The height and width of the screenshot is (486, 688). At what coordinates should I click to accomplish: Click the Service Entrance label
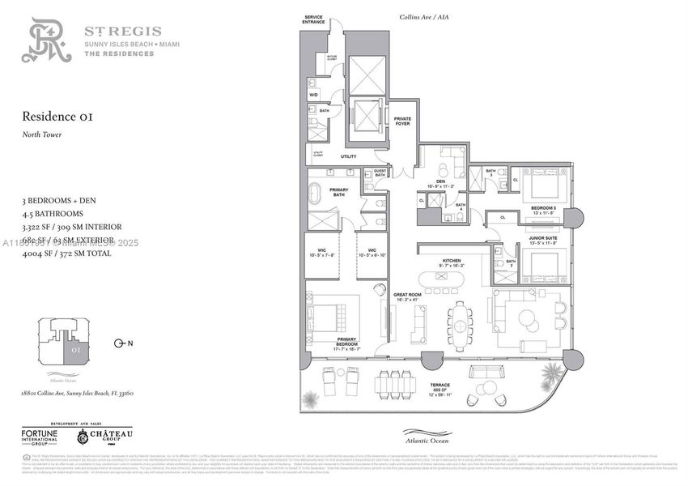pos(313,19)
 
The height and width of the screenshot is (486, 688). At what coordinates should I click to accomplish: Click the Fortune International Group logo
pos(45,437)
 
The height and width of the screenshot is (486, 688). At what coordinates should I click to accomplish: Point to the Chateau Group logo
pos(105,437)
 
